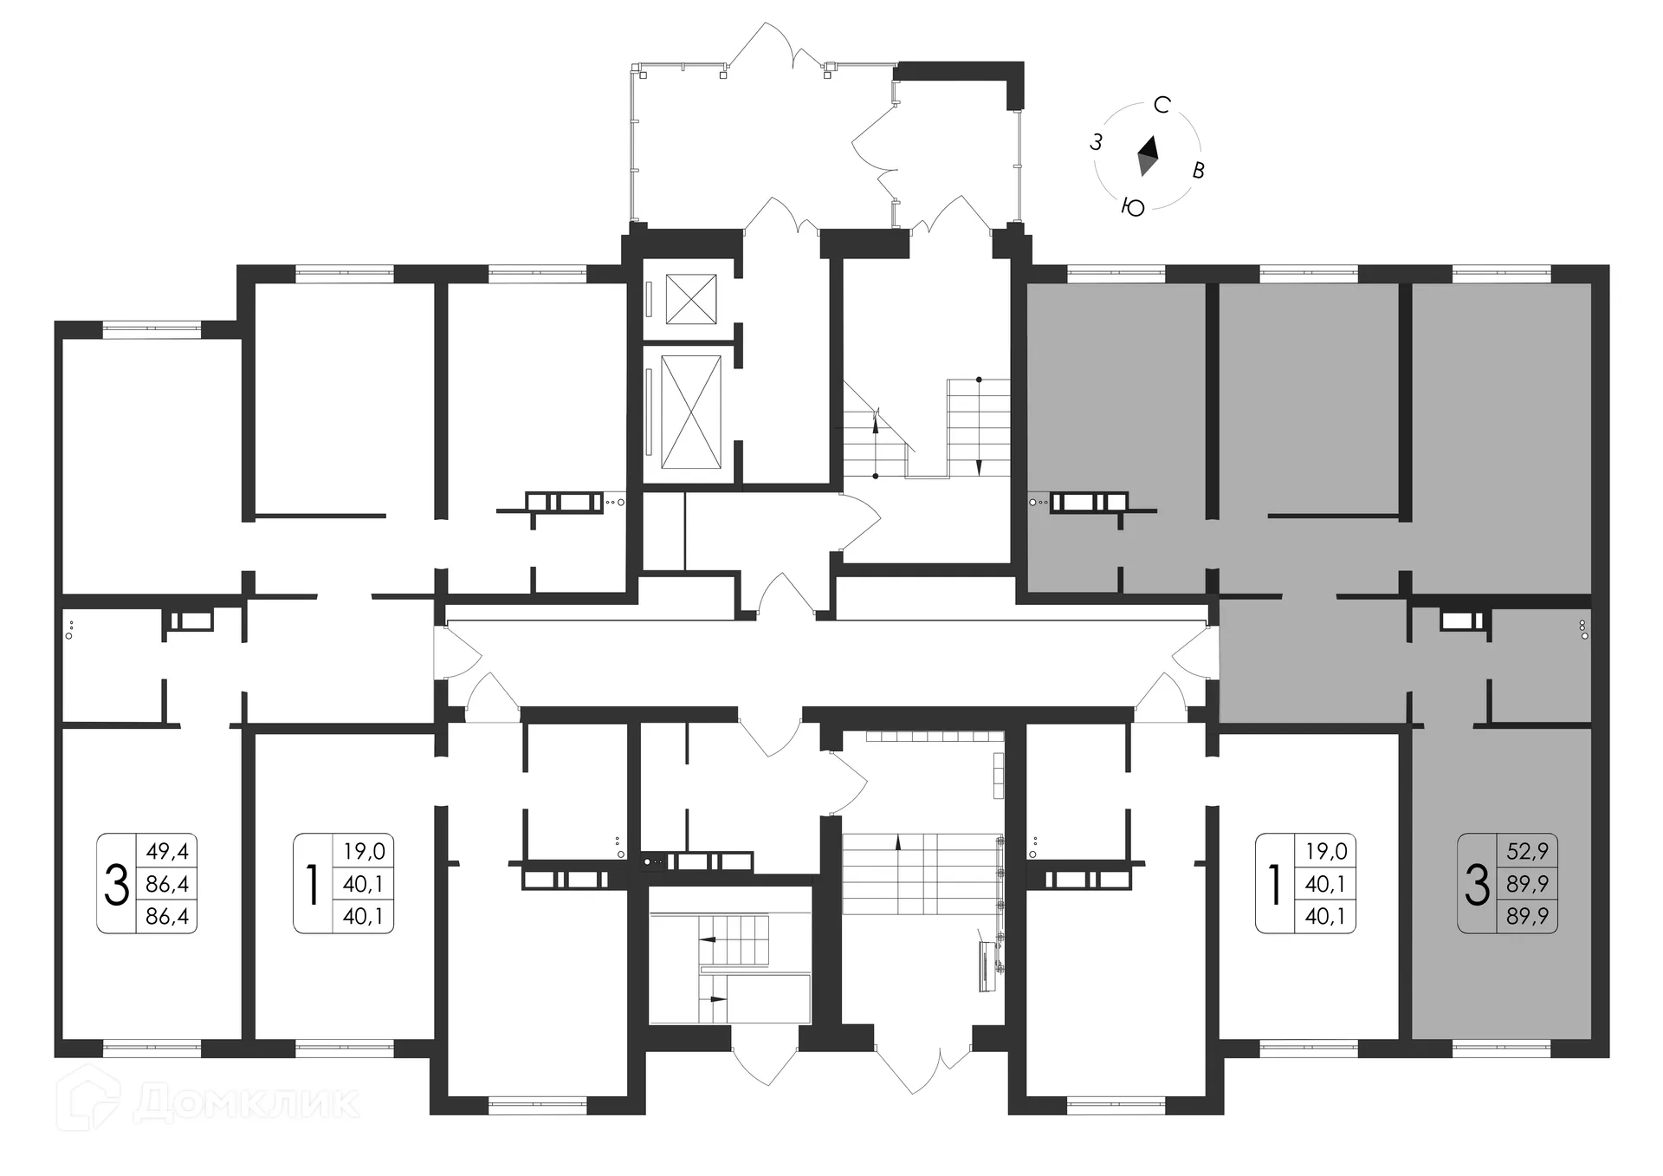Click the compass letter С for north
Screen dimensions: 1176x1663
click(1162, 106)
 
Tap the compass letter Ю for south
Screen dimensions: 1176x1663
click(1133, 207)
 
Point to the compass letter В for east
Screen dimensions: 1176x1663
click(1199, 170)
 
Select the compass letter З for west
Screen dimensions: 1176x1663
click(1096, 143)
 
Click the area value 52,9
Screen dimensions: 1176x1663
click(1527, 851)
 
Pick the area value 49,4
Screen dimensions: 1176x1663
click(167, 851)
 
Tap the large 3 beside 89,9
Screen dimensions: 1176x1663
click(1477, 884)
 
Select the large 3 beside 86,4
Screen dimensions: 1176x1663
click(116, 884)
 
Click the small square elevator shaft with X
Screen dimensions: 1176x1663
click(691, 299)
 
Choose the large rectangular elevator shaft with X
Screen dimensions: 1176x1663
click(690, 412)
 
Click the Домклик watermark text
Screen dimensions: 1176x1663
click(246, 1102)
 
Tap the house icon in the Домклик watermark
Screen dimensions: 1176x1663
click(89, 1099)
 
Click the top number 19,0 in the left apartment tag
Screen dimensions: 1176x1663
click(364, 851)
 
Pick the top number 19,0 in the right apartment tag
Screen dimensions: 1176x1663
click(1326, 851)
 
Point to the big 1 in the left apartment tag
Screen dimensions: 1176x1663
click(313, 884)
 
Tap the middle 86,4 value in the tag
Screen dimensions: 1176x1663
click(167, 884)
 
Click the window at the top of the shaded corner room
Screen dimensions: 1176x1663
click(1501, 274)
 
